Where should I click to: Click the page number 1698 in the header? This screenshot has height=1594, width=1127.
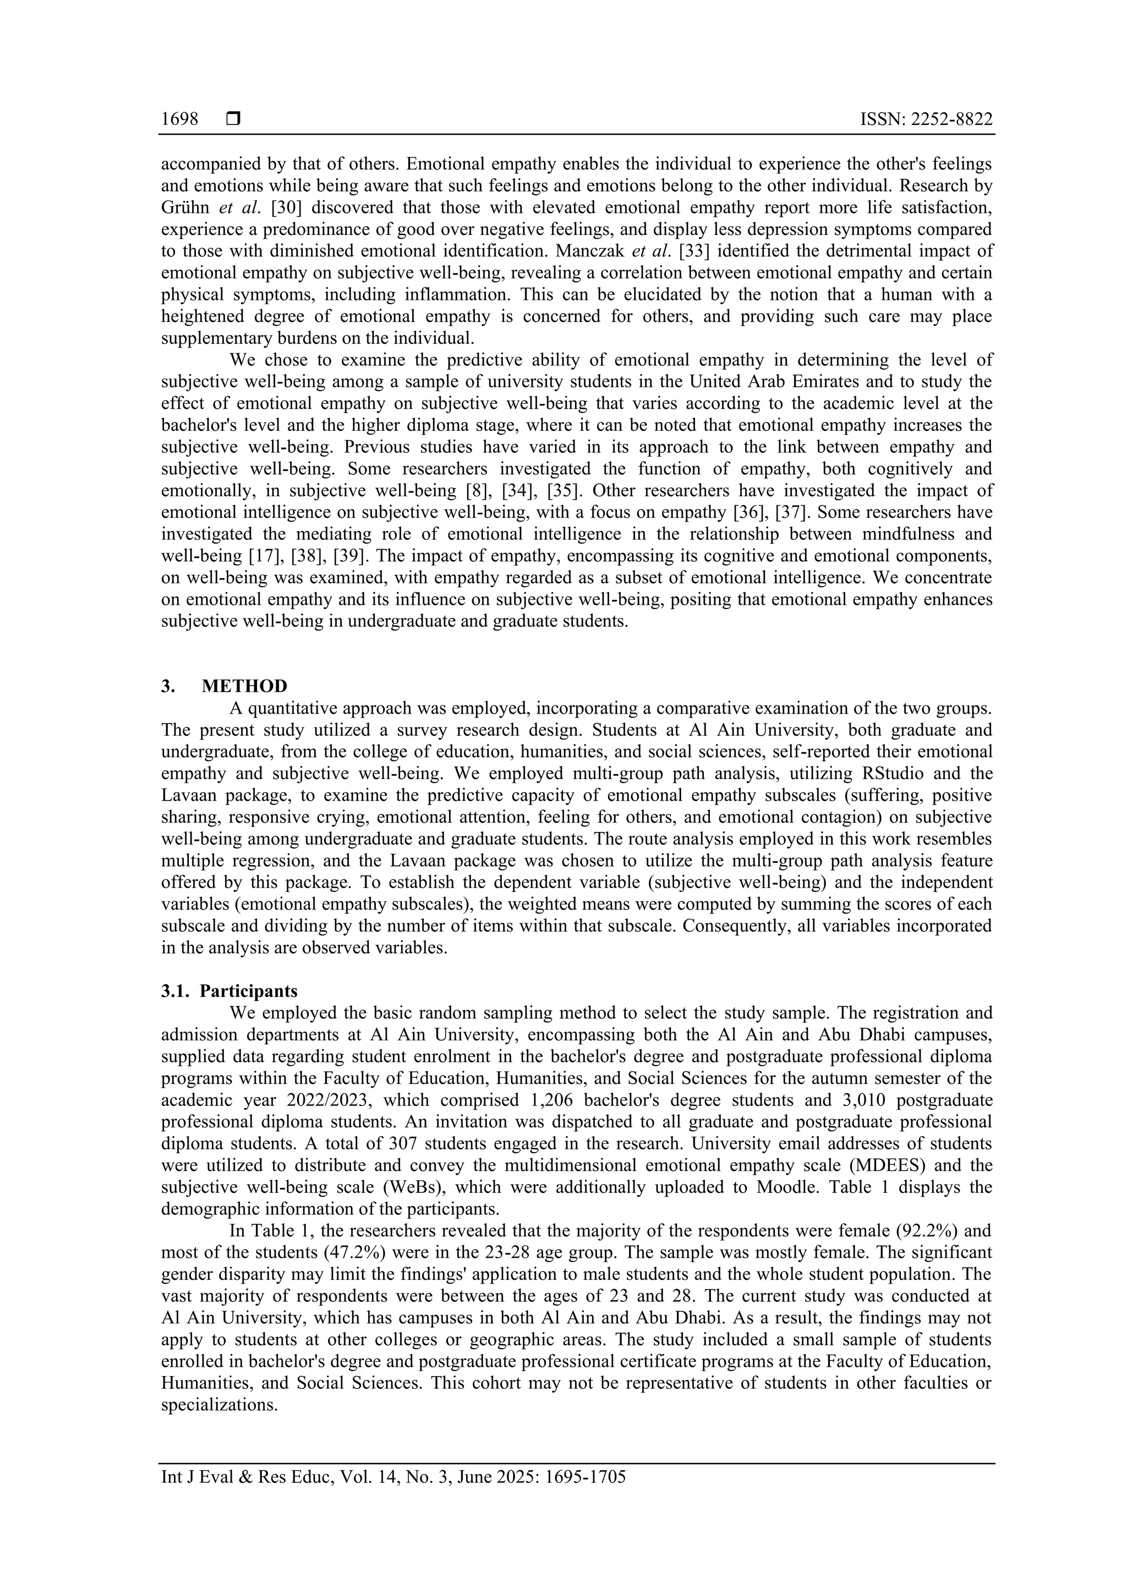click(179, 120)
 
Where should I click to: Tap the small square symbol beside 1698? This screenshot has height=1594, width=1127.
click(233, 120)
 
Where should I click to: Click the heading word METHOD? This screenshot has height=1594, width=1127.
click(244, 686)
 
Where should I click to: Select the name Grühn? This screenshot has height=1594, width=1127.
click(184, 207)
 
